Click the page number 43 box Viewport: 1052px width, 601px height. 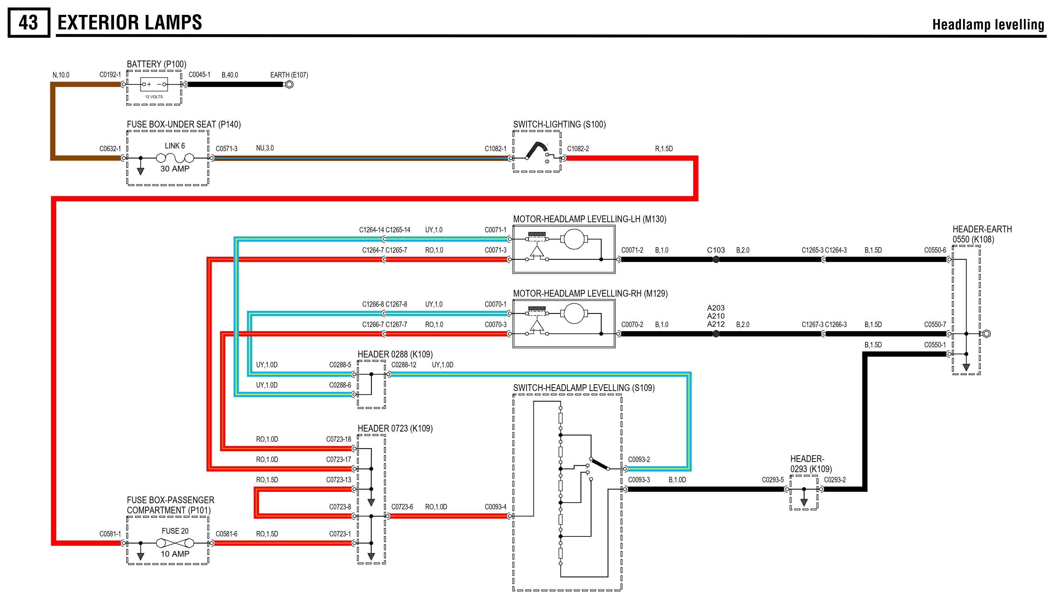tap(28, 23)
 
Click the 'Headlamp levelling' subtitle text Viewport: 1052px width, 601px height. tap(988, 25)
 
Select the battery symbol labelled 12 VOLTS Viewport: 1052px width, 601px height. tap(154, 85)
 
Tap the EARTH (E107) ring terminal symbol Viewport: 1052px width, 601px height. tap(289, 85)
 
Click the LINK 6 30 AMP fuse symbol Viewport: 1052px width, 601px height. tap(175, 158)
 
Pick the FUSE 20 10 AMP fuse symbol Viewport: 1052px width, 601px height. tap(175, 543)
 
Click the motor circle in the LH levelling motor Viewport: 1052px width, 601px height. tap(574, 239)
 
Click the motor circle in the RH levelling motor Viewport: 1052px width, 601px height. tap(574, 313)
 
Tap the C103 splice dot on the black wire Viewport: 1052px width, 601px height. tap(716, 259)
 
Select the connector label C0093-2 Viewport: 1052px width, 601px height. tap(639, 459)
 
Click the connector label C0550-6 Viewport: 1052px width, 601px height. tap(935, 250)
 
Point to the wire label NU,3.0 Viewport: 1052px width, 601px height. tap(265, 148)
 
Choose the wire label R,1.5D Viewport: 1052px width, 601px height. tap(664, 148)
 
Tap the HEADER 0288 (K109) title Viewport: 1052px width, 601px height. tap(395, 354)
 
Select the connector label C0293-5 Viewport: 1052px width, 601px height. tap(772, 480)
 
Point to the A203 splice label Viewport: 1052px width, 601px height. tap(716, 308)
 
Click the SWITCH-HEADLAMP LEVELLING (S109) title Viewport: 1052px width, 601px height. tap(584, 388)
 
